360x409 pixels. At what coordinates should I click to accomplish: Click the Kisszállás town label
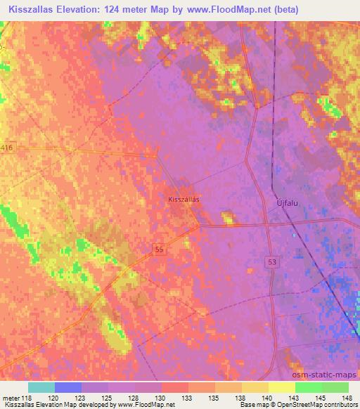click(184, 200)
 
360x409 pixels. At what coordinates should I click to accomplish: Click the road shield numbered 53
click(272, 261)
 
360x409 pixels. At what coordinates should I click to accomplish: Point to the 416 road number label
click(7, 147)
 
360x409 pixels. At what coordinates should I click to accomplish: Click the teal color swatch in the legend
click(41, 387)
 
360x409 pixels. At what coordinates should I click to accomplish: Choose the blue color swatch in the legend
click(68, 387)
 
